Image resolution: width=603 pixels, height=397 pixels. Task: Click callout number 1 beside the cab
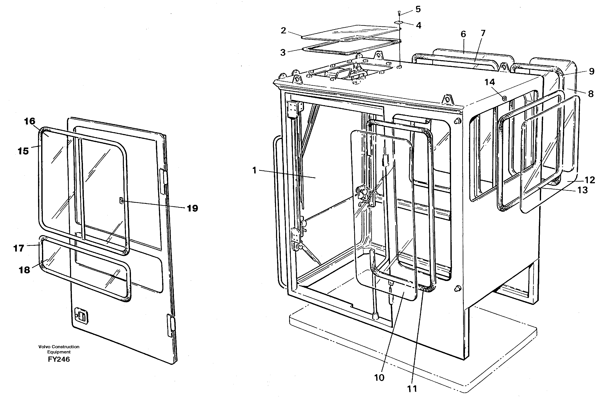coord(255,170)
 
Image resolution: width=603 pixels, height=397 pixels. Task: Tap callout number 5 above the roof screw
coord(418,9)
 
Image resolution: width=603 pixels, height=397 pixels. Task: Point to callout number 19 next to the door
coord(192,208)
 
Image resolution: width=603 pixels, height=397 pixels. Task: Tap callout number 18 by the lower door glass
coord(24,270)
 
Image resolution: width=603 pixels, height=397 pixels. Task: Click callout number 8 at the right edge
coord(591,94)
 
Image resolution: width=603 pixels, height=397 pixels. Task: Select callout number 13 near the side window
coord(582,190)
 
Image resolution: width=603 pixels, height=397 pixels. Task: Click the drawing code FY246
coord(59,359)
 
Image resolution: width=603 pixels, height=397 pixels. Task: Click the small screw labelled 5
coord(399,12)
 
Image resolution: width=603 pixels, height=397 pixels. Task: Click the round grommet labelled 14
coord(504,98)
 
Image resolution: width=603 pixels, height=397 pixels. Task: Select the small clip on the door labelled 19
coord(121,201)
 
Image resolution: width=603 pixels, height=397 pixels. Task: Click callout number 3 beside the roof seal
coord(283,53)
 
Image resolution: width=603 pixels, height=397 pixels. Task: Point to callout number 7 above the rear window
coord(483,33)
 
